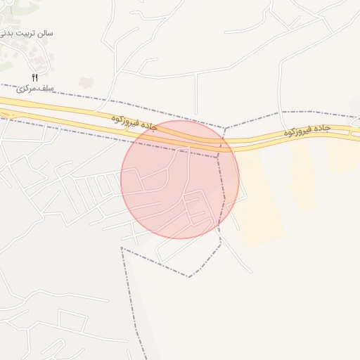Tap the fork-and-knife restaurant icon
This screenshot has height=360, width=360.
(x=34, y=77)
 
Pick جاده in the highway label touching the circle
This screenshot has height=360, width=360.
(x=147, y=124)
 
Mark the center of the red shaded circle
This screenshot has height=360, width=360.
(x=180, y=179)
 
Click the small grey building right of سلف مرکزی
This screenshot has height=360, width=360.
(x=86, y=82)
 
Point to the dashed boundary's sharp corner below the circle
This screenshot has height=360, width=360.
(x=188, y=276)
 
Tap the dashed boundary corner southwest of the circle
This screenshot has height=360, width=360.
(x=122, y=247)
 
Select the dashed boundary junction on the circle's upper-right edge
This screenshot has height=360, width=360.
(x=224, y=129)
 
